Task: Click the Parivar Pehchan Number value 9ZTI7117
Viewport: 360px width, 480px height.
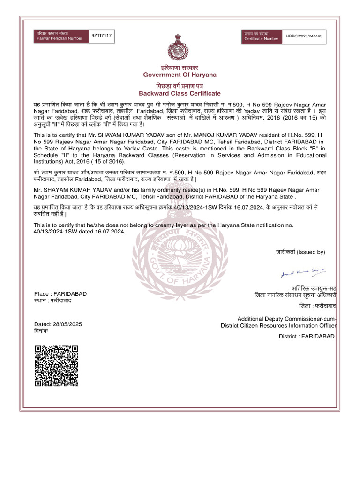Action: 102,36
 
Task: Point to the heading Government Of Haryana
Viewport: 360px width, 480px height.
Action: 180,75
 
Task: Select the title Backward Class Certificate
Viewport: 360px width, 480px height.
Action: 180,93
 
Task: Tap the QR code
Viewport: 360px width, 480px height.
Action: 56,366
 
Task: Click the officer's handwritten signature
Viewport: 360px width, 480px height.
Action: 303,273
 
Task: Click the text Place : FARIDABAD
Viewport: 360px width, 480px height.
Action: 60,293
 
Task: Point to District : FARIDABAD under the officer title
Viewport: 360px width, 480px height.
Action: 307,336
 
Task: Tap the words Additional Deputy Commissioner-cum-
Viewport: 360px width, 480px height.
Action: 287,319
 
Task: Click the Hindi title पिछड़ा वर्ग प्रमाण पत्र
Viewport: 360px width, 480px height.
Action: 180,86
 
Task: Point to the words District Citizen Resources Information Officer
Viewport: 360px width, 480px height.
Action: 278,326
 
